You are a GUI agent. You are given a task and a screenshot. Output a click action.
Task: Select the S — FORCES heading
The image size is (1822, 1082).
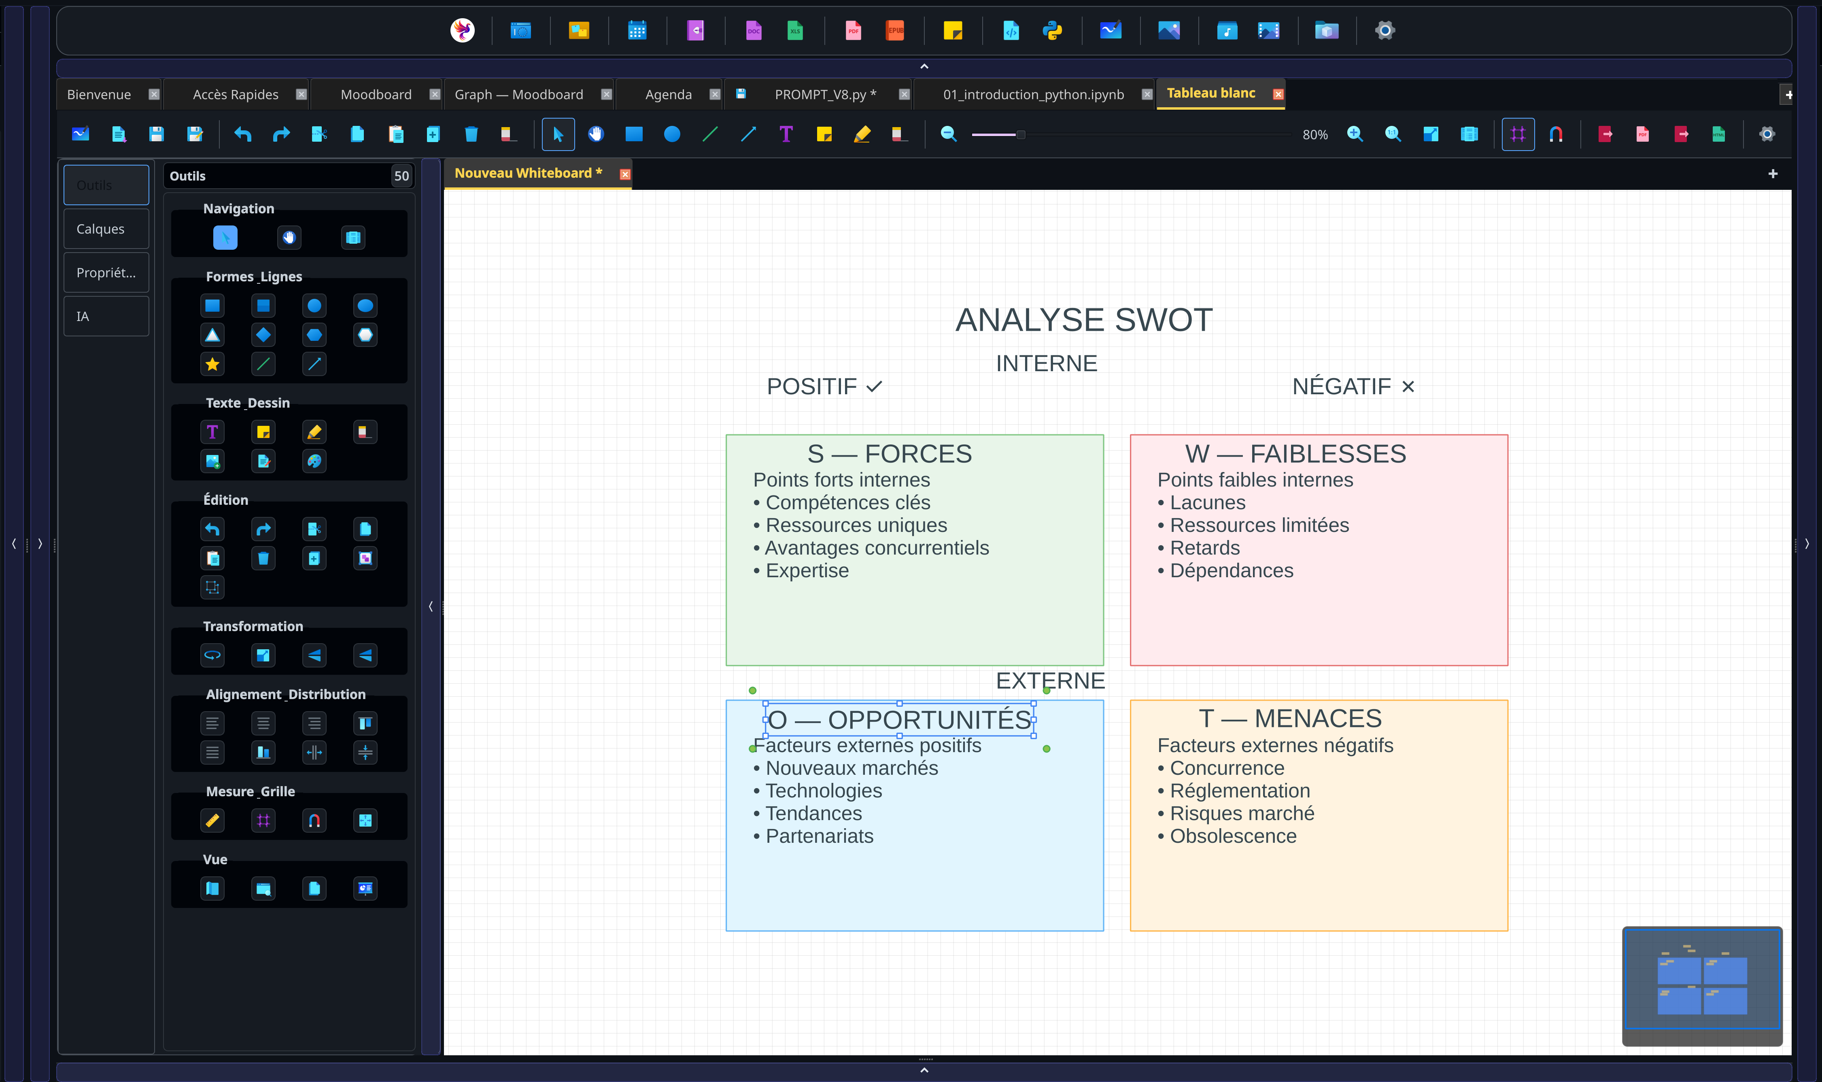(x=889, y=453)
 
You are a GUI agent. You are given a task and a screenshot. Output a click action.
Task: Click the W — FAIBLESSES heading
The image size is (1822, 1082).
(x=1295, y=453)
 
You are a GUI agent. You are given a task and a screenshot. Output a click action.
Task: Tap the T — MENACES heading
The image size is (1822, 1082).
(x=1290, y=718)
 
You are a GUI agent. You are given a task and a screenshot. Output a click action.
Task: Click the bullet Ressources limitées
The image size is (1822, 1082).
(x=1253, y=525)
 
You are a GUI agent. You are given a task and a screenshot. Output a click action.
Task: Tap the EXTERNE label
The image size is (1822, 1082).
(x=1050, y=680)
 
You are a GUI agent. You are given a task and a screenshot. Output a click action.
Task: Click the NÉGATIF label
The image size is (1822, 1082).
(x=1353, y=387)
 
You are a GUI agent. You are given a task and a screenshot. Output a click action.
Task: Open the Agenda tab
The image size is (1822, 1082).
(x=668, y=94)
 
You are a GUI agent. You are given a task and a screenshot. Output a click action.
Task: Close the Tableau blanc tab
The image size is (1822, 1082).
(x=1278, y=94)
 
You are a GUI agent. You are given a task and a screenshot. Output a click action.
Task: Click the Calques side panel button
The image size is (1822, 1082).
(x=106, y=229)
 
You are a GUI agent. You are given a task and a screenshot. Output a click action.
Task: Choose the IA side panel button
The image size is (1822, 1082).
(x=106, y=317)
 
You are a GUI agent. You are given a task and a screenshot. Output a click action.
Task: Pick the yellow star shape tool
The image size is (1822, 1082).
(x=212, y=364)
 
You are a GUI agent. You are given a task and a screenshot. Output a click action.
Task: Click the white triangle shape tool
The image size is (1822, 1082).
(x=212, y=335)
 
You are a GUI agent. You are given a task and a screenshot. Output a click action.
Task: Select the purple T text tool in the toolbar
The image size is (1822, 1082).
(x=786, y=134)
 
